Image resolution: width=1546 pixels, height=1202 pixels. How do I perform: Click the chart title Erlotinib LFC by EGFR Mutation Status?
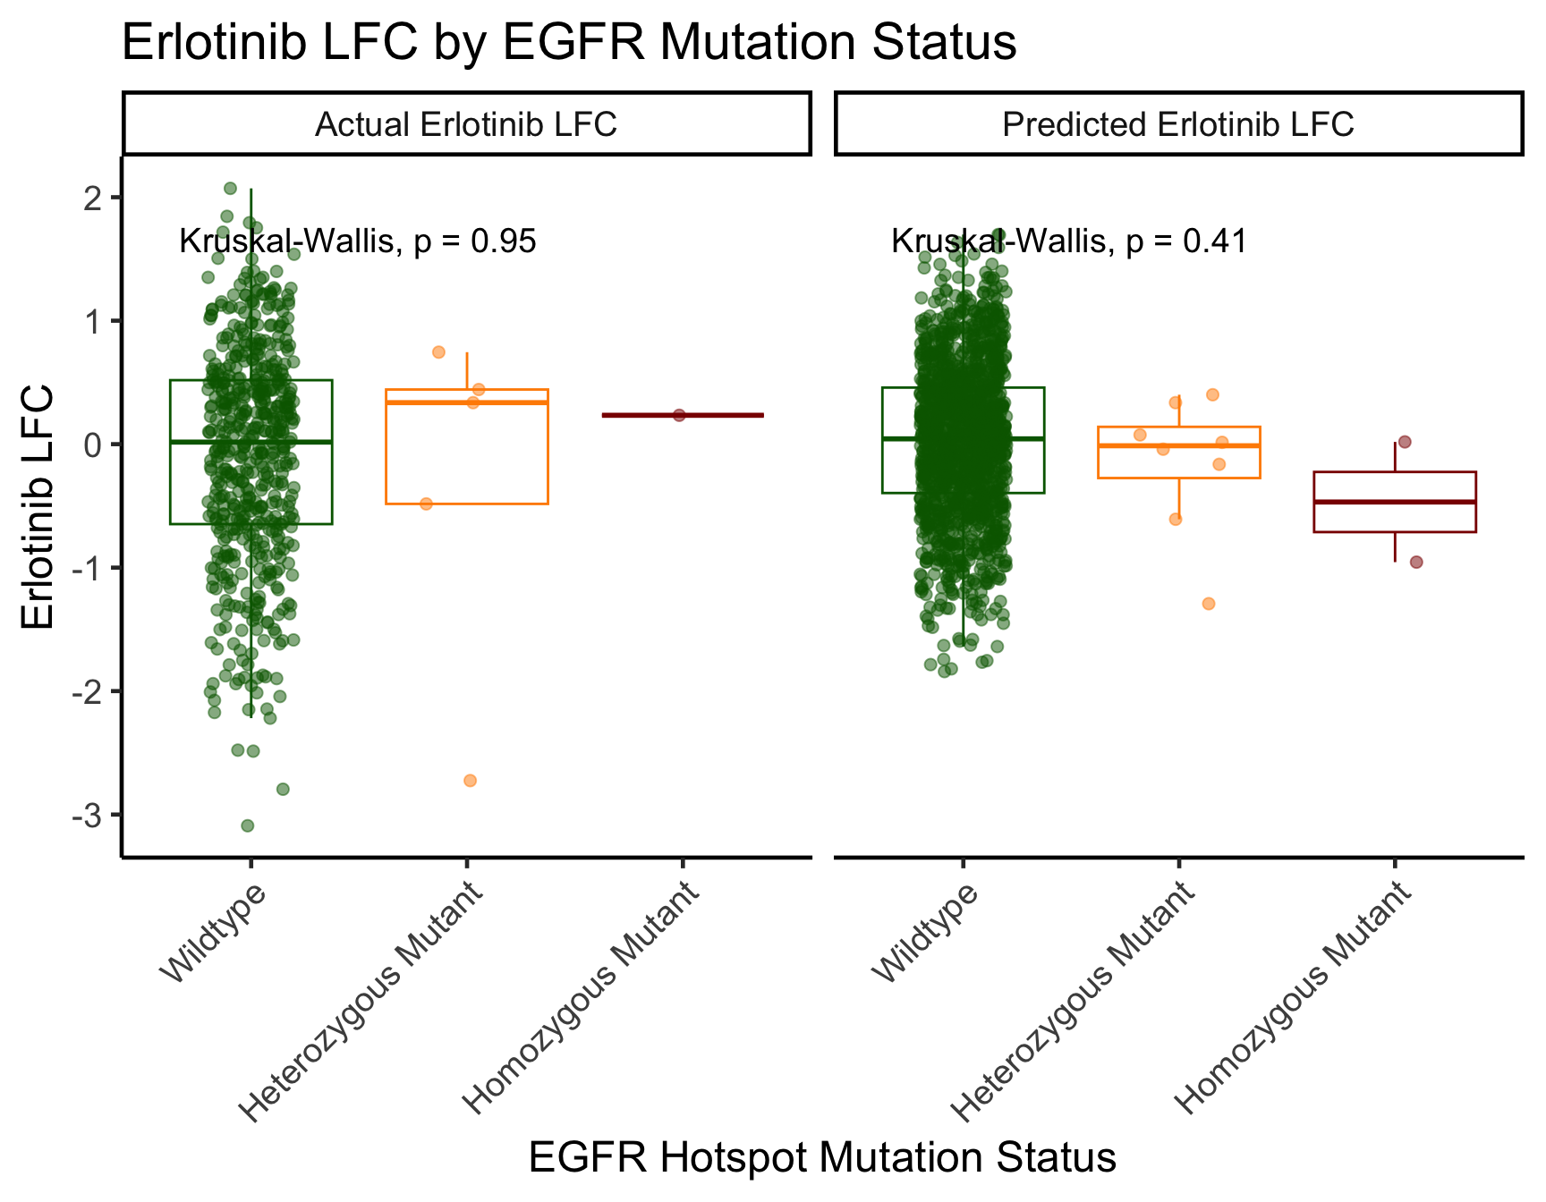[x=569, y=42]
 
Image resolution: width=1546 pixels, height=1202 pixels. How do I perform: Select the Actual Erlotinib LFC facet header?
[x=466, y=123]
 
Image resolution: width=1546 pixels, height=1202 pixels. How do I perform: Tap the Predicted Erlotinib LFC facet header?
[x=1178, y=123]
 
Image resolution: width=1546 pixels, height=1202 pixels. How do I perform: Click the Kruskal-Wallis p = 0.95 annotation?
[x=358, y=241]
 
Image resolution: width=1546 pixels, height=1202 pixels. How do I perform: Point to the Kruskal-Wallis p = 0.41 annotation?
[x=1069, y=241]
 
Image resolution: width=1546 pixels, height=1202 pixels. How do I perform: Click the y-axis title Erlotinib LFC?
[x=40, y=507]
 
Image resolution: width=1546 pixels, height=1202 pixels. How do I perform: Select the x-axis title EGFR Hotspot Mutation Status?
[x=822, y=1157]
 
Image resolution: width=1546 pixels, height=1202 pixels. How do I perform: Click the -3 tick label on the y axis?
[x=90, y=815]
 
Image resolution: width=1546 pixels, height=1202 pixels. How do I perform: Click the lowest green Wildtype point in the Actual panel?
[x=248, y=825]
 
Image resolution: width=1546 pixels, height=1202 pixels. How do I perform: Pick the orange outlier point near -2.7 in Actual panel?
[x=471, y=781]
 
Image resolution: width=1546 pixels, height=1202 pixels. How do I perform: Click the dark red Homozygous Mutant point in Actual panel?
[x=679, y=415]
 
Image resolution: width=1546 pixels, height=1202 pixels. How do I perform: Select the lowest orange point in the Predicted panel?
[x=1209, y=604]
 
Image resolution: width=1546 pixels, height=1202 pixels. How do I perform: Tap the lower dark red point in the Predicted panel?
[x=1416, y=562]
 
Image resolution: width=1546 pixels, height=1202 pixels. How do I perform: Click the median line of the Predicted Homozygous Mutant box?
[x=1395, y=502]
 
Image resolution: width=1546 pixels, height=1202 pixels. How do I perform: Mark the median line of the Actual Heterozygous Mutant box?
[x=466, y=402]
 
